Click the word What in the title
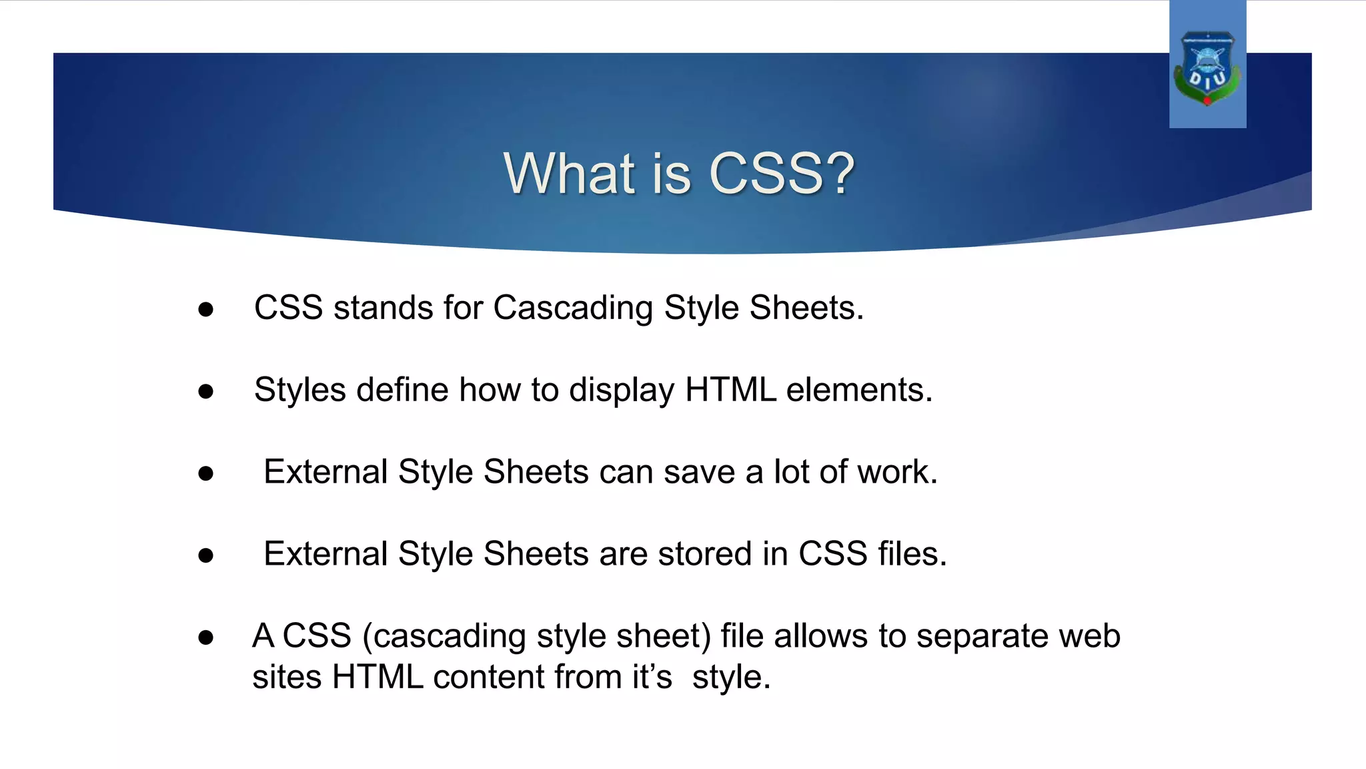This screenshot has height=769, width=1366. tap(570, 174)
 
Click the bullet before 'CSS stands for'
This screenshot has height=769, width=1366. tap(205, 309)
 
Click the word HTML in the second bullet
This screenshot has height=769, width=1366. tap(730, 390)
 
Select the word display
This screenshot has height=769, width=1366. tap(622, 391)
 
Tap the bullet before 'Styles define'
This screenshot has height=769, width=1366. tap(205, 391)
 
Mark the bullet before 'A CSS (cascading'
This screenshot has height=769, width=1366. tap(205, 637)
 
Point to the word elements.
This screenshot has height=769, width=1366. tap(859, 390)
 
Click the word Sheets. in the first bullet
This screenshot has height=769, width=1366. tap(806, 308)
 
